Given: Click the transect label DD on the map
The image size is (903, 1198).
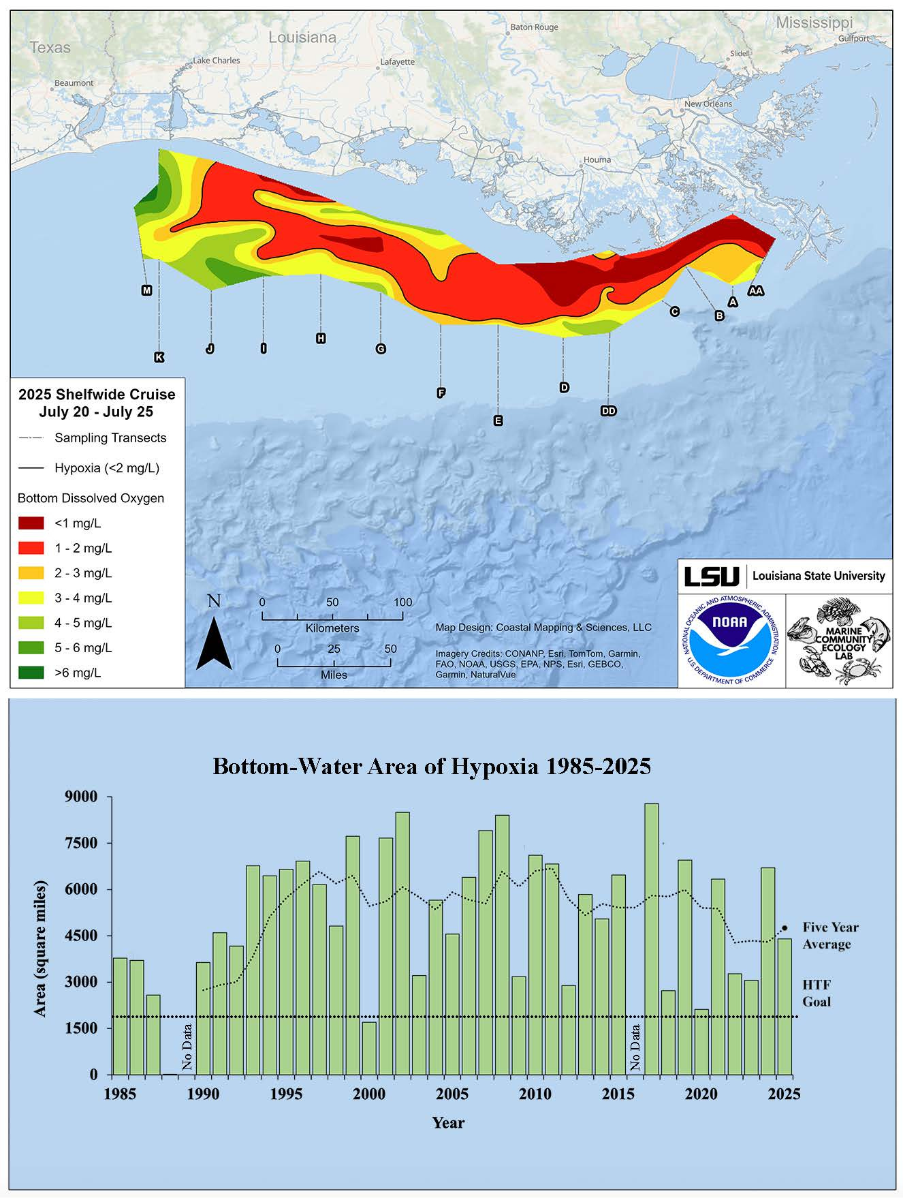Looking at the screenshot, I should coord(608,411).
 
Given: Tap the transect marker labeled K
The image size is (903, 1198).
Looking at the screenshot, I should coord(159,357).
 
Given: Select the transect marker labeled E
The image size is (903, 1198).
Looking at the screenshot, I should coord(498,420).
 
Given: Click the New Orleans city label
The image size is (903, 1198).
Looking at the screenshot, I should coord(708,104).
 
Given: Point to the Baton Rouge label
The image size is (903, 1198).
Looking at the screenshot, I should coord(535,27).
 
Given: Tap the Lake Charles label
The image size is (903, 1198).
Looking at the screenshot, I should coord(217,61).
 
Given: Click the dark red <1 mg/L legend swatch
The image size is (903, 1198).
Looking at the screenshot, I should coord(31,523).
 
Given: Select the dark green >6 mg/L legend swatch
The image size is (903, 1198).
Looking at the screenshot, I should coord(31,673).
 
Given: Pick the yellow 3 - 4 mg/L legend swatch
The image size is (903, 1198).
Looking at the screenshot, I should coord(31,598).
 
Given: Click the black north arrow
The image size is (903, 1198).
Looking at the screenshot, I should coord(214,643).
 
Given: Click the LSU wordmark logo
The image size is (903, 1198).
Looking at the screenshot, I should coord(711,576).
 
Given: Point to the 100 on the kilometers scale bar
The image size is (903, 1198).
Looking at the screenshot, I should coord(402,602).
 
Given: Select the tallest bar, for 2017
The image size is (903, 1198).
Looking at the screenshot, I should coord(652,938).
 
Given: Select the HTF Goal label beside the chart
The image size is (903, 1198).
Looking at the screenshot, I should coord(816,993).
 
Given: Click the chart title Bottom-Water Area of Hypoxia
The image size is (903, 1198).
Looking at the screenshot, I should coord(432,766).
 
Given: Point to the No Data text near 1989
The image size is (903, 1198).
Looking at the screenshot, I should coord(187,1046).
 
